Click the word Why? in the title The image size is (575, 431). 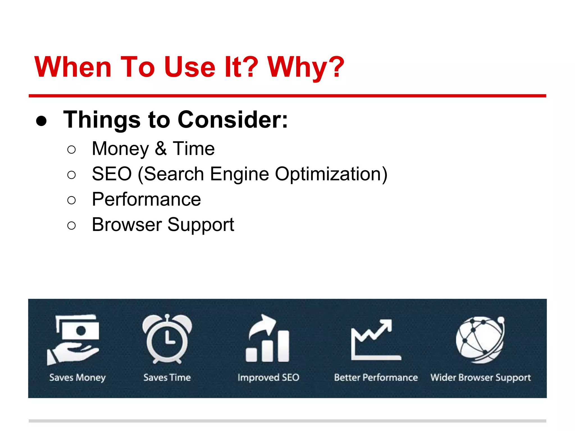click(305, 67)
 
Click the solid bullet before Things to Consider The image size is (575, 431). click(42, 121)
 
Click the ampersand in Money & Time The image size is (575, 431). click(161, 149)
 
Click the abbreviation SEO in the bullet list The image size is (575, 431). click(112, 174)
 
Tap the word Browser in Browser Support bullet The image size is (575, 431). click(127, 225)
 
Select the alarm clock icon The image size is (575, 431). click(167, 339)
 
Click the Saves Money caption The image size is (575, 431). click(77, 378)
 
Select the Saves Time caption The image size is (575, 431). click(167, 378)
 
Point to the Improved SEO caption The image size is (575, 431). click(268, 378)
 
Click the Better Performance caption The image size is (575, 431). click(376, 378)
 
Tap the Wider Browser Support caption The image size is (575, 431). click(480, 378)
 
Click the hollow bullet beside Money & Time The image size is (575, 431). click(72, 150)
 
